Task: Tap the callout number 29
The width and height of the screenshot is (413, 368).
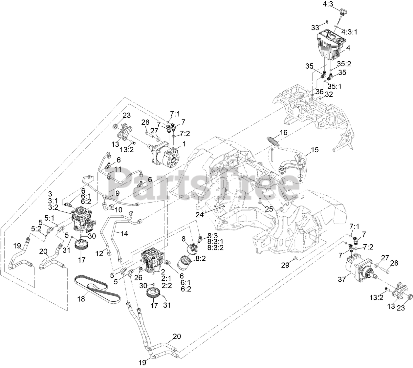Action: pyautogui.click(x=285, y=265)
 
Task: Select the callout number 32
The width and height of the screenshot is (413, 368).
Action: pyautogui.click(x=329, y=94)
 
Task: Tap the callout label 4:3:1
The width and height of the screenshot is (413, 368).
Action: pyautogui.click(x=349, y=32)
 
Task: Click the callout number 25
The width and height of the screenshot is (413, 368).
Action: pyautogui.click(x=269, y=208)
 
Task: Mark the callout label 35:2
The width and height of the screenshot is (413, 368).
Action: pyautogui.click(x=344, y=64)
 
